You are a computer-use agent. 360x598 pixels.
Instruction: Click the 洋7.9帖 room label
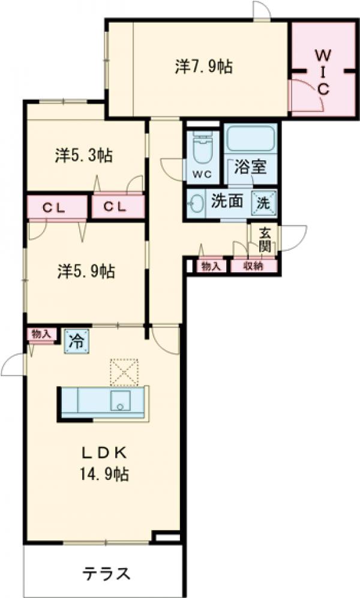click(204, 67)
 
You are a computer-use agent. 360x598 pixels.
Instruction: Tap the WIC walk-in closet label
click(322, 72)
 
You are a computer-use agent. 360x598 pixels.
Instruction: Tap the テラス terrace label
click(106, 573)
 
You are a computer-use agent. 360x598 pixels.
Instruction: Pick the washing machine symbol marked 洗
click(265, 202)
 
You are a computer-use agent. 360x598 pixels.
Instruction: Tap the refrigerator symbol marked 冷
click(76, 340)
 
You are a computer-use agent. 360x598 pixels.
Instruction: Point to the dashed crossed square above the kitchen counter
click(124, 371)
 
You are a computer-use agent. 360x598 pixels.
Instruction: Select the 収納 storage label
click(253, 266)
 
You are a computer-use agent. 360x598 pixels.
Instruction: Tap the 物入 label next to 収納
click(211, 266)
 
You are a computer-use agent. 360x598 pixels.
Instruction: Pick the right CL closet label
click(117, 207)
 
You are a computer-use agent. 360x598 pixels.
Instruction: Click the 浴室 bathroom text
click(250, 168)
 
